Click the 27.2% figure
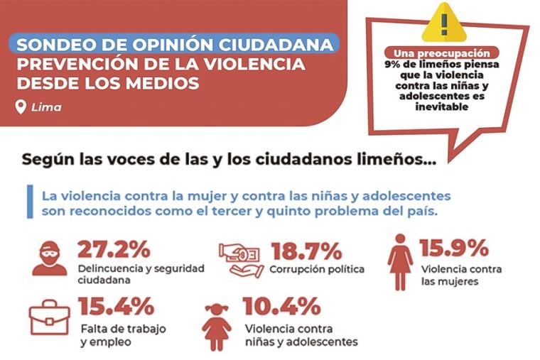point(114,250)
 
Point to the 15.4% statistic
point(117,307)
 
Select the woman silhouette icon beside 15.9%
point(399,262)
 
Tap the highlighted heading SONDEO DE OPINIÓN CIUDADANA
point(173,45)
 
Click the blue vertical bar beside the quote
point(30,202)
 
